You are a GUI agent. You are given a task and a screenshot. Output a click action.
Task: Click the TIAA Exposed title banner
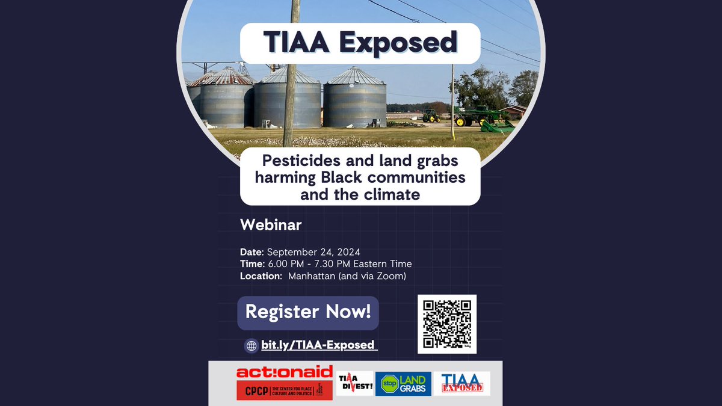click(x=360, y=43)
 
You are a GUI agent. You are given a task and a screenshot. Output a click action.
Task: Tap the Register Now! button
click(x=308, y=312)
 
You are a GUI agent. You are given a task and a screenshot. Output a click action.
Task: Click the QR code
click(x=446, y=324)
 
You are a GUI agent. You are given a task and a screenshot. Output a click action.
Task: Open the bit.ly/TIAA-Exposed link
click(x=318, y=345)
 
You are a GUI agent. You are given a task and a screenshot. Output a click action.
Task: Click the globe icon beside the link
click(x=251, y=346)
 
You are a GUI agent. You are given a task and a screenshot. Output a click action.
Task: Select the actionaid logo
click(x=285, y=372)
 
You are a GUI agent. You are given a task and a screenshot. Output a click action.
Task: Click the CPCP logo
click(x=285, y=391)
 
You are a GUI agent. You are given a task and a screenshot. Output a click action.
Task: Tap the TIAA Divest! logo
click(x=354, y=384)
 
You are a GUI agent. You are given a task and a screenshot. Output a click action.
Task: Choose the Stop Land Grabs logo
click(x=403, y=384)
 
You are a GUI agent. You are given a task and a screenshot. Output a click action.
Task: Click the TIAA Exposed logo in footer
click(x=461, y=384)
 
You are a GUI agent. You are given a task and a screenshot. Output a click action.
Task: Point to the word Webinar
click(x=271, y=225)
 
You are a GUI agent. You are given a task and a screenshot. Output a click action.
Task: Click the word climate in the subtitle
click(x=395, y=194)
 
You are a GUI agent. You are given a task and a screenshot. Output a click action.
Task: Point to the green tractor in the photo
click(x=431, y=115)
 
